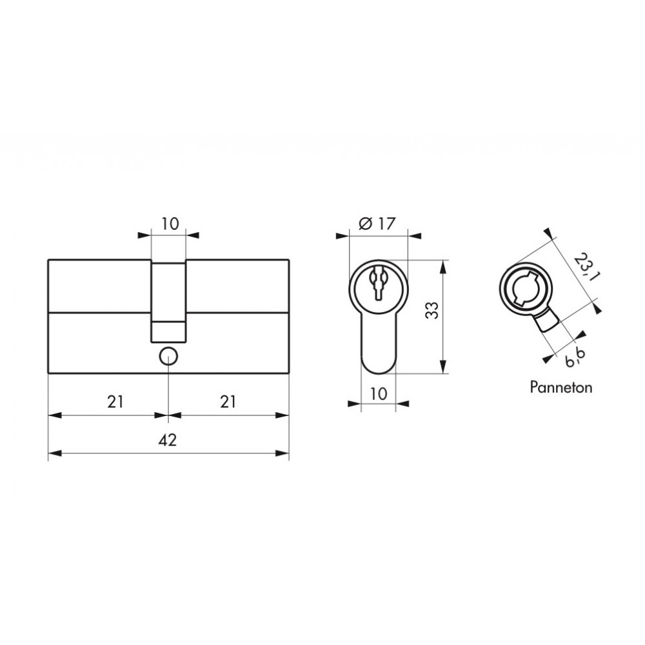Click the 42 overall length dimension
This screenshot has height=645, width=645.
tap(168, 440)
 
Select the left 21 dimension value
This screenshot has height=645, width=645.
tap(115, 402)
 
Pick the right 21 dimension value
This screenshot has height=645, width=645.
tap(228, 402)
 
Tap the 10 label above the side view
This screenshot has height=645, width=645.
tap(170, 224)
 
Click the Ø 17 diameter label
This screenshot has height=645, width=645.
tap(377, 224)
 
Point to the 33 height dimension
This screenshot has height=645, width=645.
tap(432, 311)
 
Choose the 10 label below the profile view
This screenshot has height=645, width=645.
tap(379, 393)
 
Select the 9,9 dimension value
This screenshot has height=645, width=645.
tap(575, 356)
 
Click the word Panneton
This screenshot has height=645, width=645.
tap(561, 388)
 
